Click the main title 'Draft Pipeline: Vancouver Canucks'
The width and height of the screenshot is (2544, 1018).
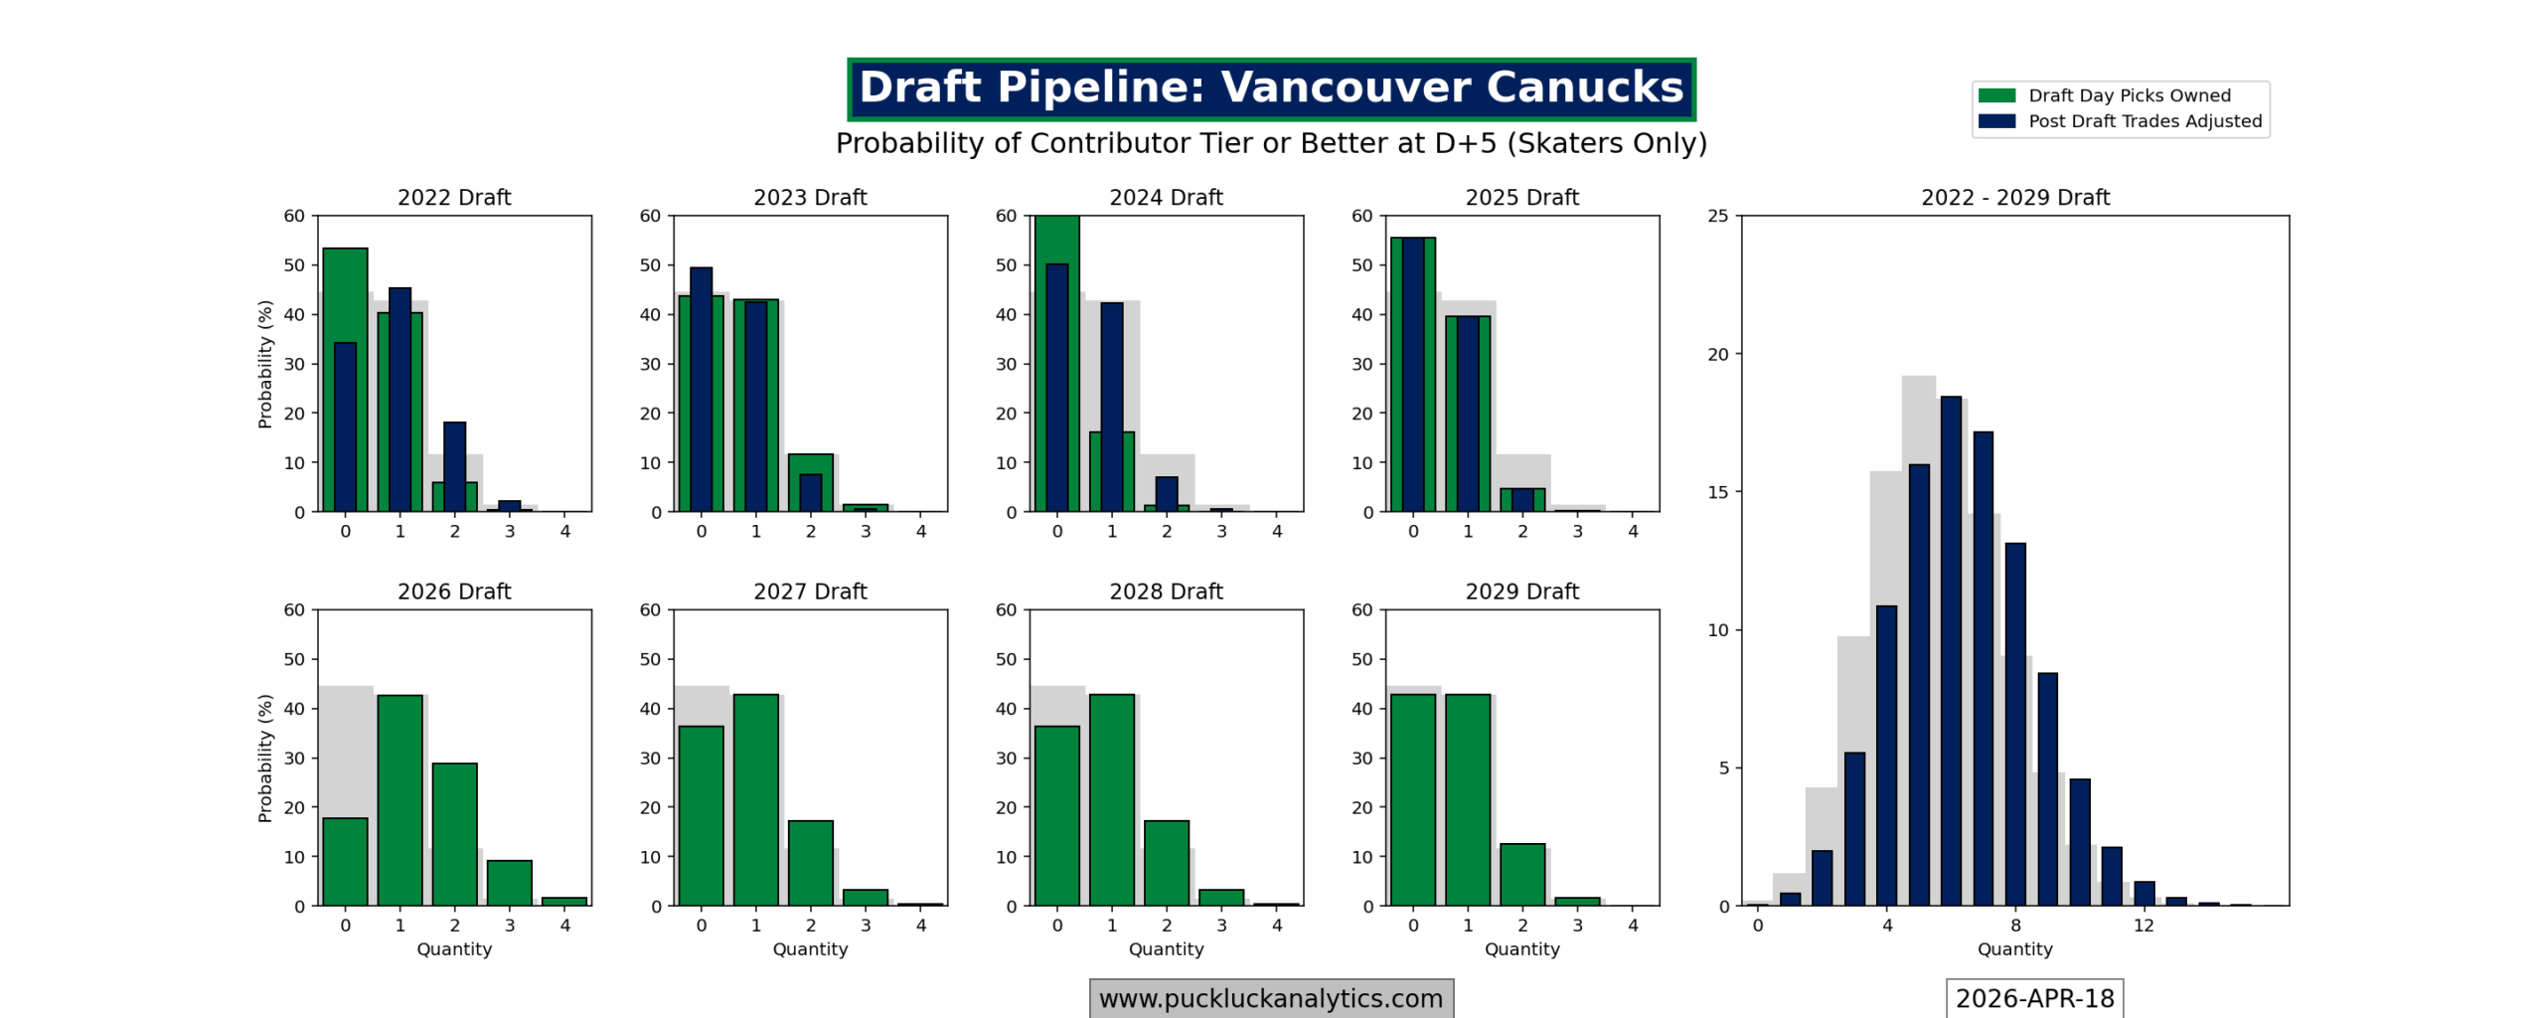(1270, 87)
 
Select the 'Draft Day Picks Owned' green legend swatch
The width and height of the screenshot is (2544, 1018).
(1995, 95)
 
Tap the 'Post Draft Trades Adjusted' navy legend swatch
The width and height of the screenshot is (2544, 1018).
(1995, 121)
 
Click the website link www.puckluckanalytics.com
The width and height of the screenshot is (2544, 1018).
(1270, 998)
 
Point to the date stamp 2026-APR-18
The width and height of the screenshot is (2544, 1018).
(2033, 998)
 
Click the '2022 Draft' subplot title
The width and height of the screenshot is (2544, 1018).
(454, 197)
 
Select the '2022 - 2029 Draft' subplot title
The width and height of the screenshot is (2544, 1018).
(2014, 197)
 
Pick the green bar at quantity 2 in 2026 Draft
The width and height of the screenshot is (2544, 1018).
(454, 835)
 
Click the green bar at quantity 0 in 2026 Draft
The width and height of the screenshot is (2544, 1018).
(345, 861)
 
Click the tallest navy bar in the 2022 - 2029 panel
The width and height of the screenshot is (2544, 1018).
(1951, 651)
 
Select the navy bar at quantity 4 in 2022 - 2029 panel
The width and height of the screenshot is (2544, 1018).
(1886, 756)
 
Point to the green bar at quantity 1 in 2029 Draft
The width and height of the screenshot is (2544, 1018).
(1468, 800)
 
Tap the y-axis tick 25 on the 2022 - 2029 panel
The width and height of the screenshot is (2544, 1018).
(1717, 216)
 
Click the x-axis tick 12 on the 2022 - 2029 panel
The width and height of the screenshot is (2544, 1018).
(2144, 926)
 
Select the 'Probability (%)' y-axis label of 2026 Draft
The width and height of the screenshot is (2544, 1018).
(264, 758)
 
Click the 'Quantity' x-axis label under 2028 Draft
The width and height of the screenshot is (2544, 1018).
(1166, 949)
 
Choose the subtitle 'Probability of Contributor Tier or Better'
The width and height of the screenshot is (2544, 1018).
(1270, 143)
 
